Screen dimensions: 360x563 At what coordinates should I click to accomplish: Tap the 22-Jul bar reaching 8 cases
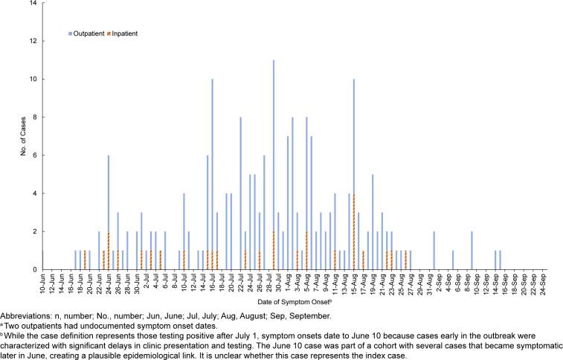point(241,193)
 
